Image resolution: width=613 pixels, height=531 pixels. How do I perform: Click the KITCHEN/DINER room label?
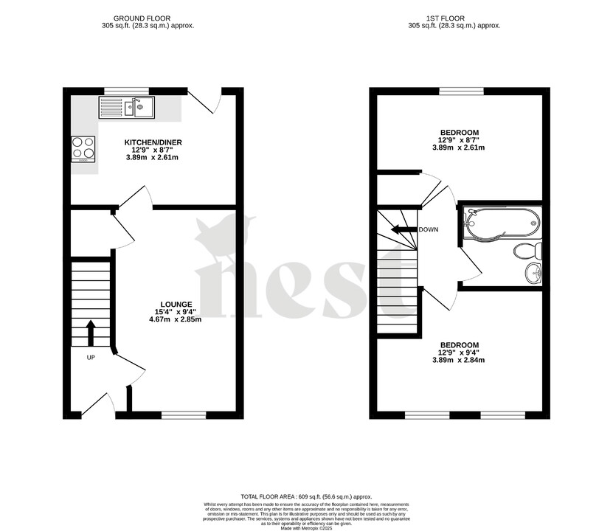coord(153,142)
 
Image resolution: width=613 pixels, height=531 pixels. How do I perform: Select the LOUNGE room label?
coord(177,304)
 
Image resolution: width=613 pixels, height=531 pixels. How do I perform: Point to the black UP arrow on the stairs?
coord(91,333)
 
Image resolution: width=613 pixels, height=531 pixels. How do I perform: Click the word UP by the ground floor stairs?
coord(91,358)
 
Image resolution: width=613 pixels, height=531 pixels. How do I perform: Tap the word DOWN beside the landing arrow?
coord(428,229)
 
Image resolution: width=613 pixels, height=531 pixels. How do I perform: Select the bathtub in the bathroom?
coord(502,223)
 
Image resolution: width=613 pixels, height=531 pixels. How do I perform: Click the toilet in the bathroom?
coord(528,251)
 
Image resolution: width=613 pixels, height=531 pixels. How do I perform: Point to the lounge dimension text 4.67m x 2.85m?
coord(176,319)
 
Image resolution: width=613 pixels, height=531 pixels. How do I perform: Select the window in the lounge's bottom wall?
coord(184,414)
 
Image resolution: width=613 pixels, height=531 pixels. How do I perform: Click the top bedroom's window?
coord(462,91)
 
